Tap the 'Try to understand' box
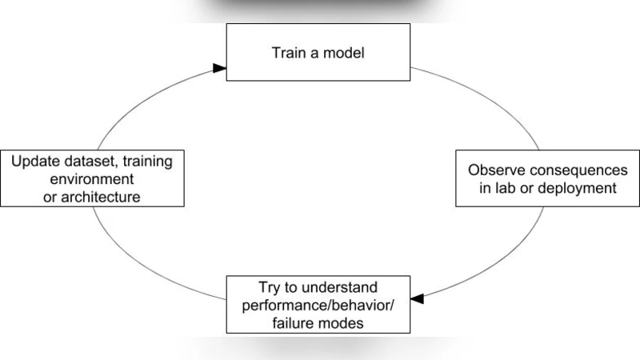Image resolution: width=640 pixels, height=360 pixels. tap(318, 303)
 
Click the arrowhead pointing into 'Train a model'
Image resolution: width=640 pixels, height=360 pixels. tap(220, 69)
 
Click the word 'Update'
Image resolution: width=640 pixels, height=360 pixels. tap(34, 161)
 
